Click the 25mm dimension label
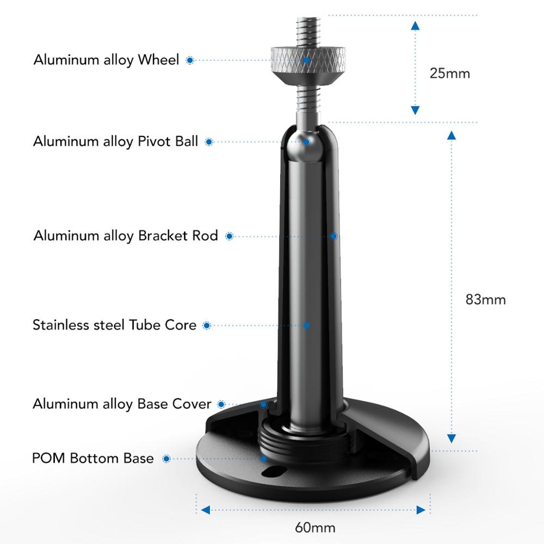(450, 73)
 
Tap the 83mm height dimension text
(485, 300)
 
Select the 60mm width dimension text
(315, 528)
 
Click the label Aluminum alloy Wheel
(106, 60)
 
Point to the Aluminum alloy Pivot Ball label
(115, 141)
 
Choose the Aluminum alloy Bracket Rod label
(126, 236)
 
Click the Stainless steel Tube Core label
(114, 325)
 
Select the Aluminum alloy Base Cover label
(122, 404)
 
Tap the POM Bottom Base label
(92, 458)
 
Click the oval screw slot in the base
(274, 472)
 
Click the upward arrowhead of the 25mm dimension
(415, 26)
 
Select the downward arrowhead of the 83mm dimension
(452, 438)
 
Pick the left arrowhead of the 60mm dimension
(206, 510)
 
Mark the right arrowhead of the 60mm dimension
(421, 510)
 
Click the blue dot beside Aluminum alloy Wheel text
(190, 60)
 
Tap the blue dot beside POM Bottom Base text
(166, 459)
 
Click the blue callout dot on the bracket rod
(333, 236)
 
